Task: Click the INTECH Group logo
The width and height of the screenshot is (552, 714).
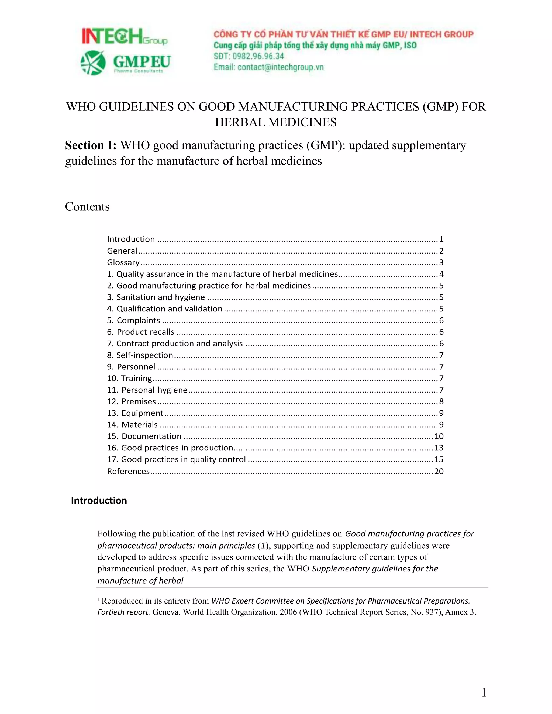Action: pyautogui.click(x=124, y=36)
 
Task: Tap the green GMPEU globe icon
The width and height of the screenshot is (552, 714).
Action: pyautogui.click(x=93, y=63)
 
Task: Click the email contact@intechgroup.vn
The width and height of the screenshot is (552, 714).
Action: pyautogui.click(x=280, y=67)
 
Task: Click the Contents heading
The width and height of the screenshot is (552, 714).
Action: pyautogui.click(x=87, y=207)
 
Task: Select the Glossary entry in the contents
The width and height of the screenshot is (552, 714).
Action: pyautogui.click(x=123, y=262)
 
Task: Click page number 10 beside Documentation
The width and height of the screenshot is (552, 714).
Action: pyautogui.click(x=439, y=436)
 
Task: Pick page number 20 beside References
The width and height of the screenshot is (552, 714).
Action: pyautogui.click(x=439, y=471)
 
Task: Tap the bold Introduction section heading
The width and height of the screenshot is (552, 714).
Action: pyautogui.click(x=99, y=501)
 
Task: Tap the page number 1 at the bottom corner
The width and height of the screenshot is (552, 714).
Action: pyautogui.click(x=484, y=692)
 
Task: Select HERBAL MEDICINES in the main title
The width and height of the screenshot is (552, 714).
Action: pyautogui.click(x=276, y=122)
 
